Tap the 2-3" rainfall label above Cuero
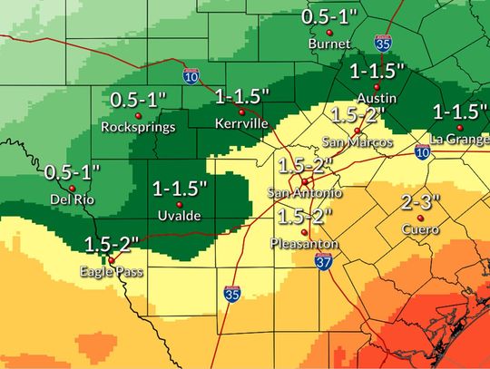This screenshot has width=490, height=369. [419, 201]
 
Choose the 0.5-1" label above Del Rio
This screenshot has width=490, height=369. [73, 171]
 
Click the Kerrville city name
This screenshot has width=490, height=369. [240, 122]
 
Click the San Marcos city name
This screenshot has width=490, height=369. [358, 142]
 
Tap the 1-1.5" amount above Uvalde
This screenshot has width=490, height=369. [180, 188]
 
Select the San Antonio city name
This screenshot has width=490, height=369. [305, 193]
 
